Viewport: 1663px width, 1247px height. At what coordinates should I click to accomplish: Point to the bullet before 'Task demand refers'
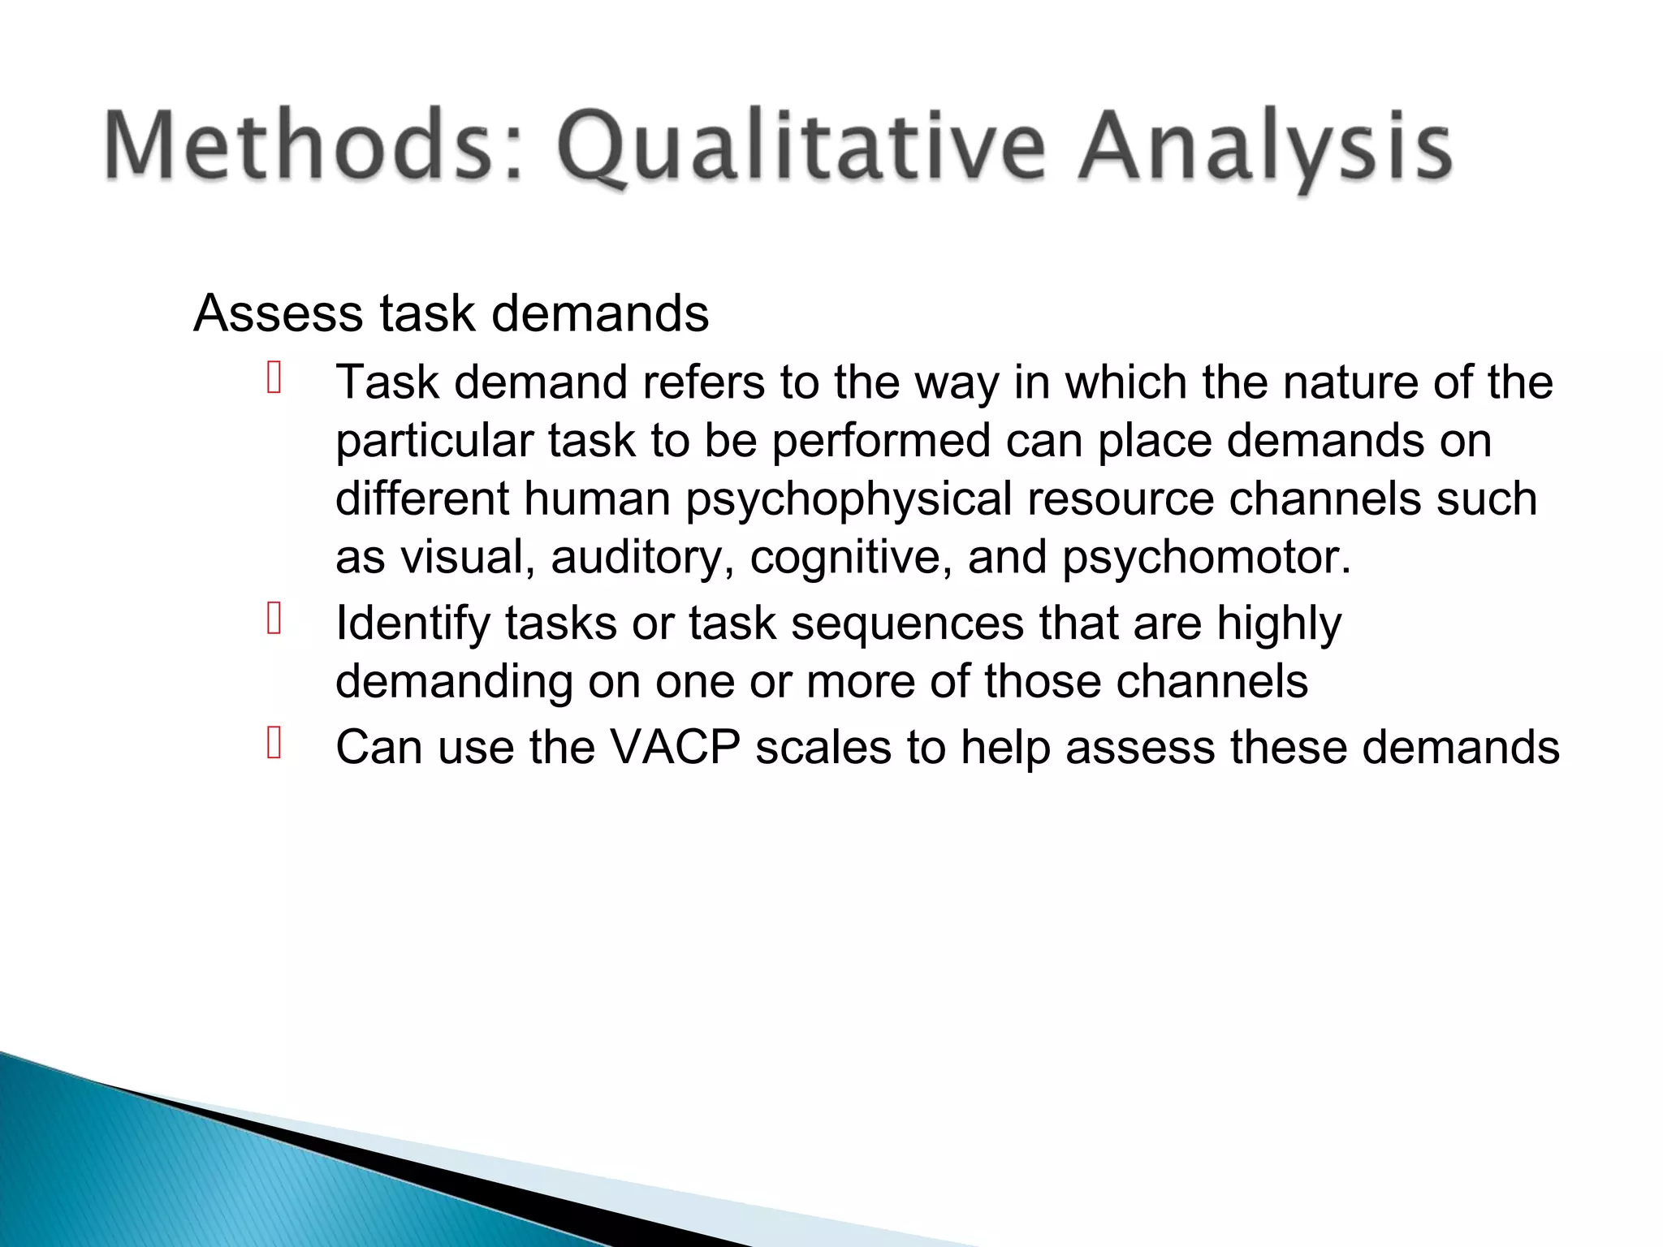tap(274, 379)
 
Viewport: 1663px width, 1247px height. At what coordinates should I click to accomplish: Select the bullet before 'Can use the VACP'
tap(274, 743)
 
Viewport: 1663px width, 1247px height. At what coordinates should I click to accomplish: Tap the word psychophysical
tap(848, 498)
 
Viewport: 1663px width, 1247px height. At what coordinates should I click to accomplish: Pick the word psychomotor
tap(1206, 557)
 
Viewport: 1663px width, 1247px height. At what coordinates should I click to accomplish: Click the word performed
tap(880, 441)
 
